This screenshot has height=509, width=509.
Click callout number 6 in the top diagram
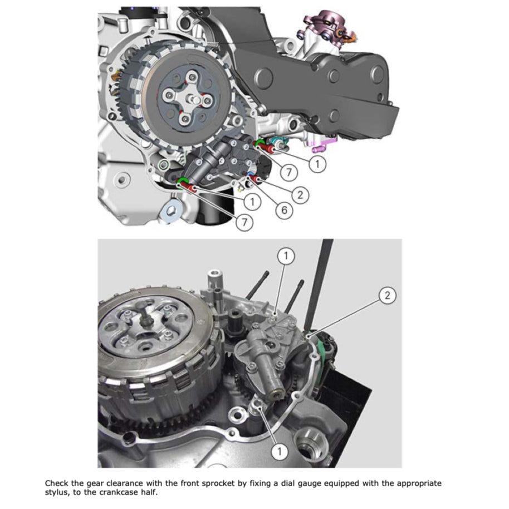pyautogui.click(x=284, y=210)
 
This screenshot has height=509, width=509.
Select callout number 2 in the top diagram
pyautogui.click(x=300, y=194)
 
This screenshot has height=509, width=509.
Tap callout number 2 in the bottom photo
pyautogui.click(x=388, y=296)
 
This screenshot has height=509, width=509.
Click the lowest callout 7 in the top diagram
pyautogui.click(x=243, y=223)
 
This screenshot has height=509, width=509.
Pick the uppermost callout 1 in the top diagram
pyautogui.click(x=317, y=164)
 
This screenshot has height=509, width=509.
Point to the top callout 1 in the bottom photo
pyautogui.click(x=286, y=256)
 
